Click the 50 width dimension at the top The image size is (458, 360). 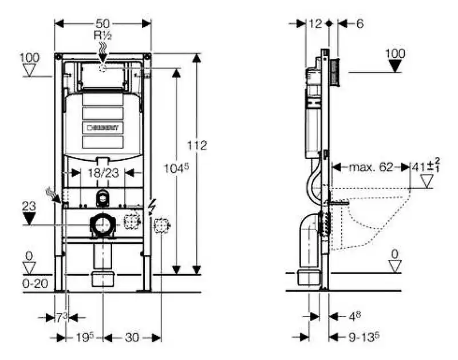click(103, 23)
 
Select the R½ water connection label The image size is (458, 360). click(103, 35)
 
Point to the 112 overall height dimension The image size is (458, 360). click(198, 146)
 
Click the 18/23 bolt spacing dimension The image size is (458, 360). click(103, 173)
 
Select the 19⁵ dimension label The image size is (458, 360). click(84, 338)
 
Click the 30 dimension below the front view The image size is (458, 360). click(132, 338)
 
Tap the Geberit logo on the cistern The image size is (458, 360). click(103, 128)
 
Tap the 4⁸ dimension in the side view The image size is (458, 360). click(355, 316)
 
